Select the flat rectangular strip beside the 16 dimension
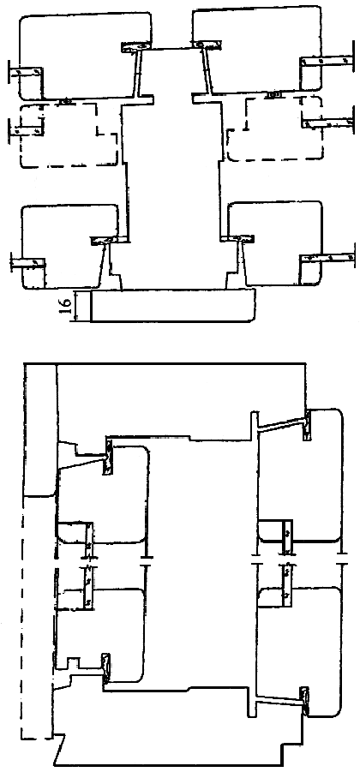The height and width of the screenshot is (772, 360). click(174, 306)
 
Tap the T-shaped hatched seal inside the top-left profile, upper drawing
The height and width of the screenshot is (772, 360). click(136, 47)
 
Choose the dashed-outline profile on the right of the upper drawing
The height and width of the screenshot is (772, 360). click(275, 129)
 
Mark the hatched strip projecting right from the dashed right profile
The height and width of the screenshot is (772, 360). click(328, 122)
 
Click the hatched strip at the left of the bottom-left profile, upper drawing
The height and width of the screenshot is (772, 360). click(28, 263)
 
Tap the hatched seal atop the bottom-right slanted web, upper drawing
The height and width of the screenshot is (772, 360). click(238, 238)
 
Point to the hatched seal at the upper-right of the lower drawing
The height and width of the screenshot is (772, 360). click(307, 424)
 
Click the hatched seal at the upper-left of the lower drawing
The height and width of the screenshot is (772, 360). click(107, 458)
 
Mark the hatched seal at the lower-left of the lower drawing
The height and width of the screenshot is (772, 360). click(105, 668)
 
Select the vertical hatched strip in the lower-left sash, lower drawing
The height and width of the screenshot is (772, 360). click(88, 587)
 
